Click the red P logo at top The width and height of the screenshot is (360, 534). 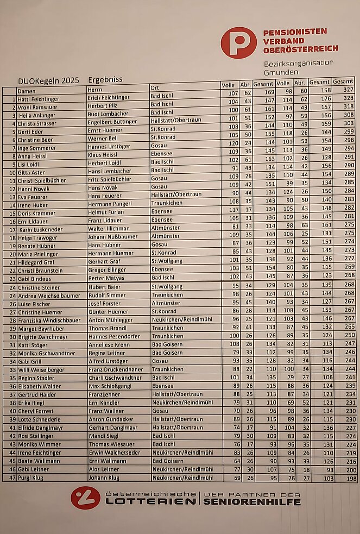[x=238, y=42]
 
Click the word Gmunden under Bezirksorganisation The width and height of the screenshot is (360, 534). [x=281, y=72]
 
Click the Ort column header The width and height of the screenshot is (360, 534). [x=155, y=88]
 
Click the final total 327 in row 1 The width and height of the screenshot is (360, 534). [x=348, y=90]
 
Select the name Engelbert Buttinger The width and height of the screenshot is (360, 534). [x=112, y=123]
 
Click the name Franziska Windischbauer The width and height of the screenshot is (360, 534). [x=49, y=320]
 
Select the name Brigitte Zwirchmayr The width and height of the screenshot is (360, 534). [x=44, y=337]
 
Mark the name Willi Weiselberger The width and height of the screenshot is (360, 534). [x=43, y=370]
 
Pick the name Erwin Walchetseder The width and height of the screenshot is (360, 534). [x=115, y=453]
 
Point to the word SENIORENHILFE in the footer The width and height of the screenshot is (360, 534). [x=251, y=502]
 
